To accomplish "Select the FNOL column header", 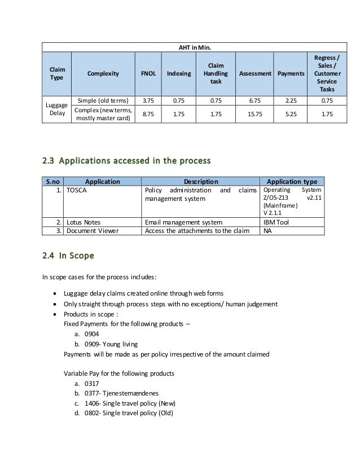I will click(x=148, y=74).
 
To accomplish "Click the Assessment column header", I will click(x=255, y=74).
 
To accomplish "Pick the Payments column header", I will click(x=289, y=74).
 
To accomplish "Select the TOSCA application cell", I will click(x=78, y=191).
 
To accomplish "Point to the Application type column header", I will click(x=292, y=182).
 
